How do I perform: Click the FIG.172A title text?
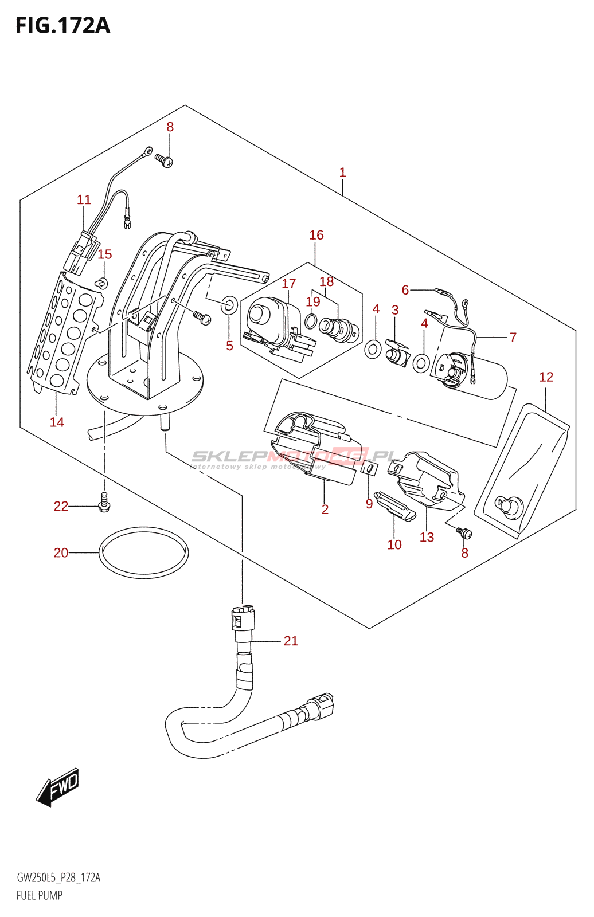[x=62, y=26]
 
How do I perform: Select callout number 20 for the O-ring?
[x=61, y=552]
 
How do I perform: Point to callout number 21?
[x=291, y=641]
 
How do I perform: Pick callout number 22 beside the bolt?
[x=61, y=506]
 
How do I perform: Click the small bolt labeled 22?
[x=104, y=502]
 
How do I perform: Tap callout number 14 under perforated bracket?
[x=57, y=422]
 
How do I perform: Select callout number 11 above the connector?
[x=84, y=199]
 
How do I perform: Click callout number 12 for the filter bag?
[x=546, y=377]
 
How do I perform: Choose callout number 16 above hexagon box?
[x=316, y=235]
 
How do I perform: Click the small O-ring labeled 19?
[x=311, y=320]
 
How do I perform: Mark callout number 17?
[x=289, y=284]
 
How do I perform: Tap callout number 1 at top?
[x=342, y=172]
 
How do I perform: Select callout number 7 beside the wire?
[x=513, y=337]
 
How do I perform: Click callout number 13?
[x=427, y=537]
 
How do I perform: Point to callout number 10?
[x=394, y=544]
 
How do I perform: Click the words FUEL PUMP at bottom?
[x=40, y=895]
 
